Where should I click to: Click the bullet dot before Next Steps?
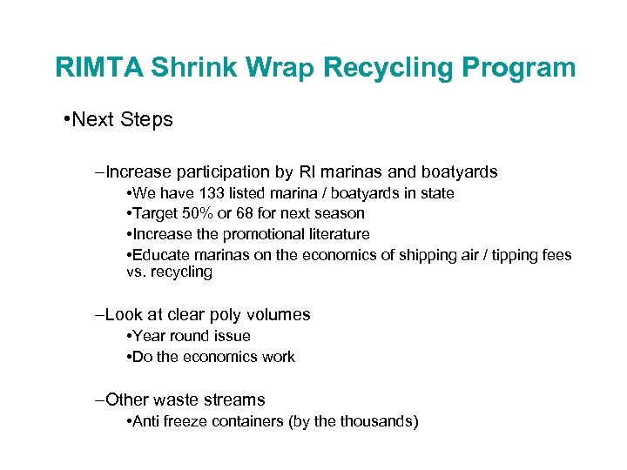66,119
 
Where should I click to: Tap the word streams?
233,399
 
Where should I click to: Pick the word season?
340,213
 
